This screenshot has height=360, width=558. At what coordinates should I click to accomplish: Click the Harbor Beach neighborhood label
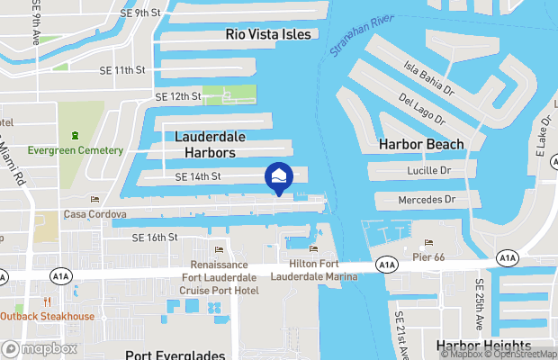pos(421,144)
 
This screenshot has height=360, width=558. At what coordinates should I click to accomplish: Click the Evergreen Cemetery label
pos(75,149)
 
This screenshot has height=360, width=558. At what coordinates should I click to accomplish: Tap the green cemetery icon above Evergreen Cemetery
pos(75,135)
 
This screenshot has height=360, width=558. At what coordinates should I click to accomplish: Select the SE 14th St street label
pos(197,176)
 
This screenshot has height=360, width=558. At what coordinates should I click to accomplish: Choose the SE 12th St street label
pos(177,95)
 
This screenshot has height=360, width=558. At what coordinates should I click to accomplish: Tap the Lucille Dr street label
pos(428,169)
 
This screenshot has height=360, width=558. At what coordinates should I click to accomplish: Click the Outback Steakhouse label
pos(47,316)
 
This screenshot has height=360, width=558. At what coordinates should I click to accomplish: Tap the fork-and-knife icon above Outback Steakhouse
pos(47,301)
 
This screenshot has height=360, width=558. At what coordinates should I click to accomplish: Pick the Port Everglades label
pos(175,355)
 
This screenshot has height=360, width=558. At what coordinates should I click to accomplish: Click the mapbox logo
pos(40,348)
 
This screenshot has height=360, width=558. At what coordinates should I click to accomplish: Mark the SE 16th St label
pos(155,238)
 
